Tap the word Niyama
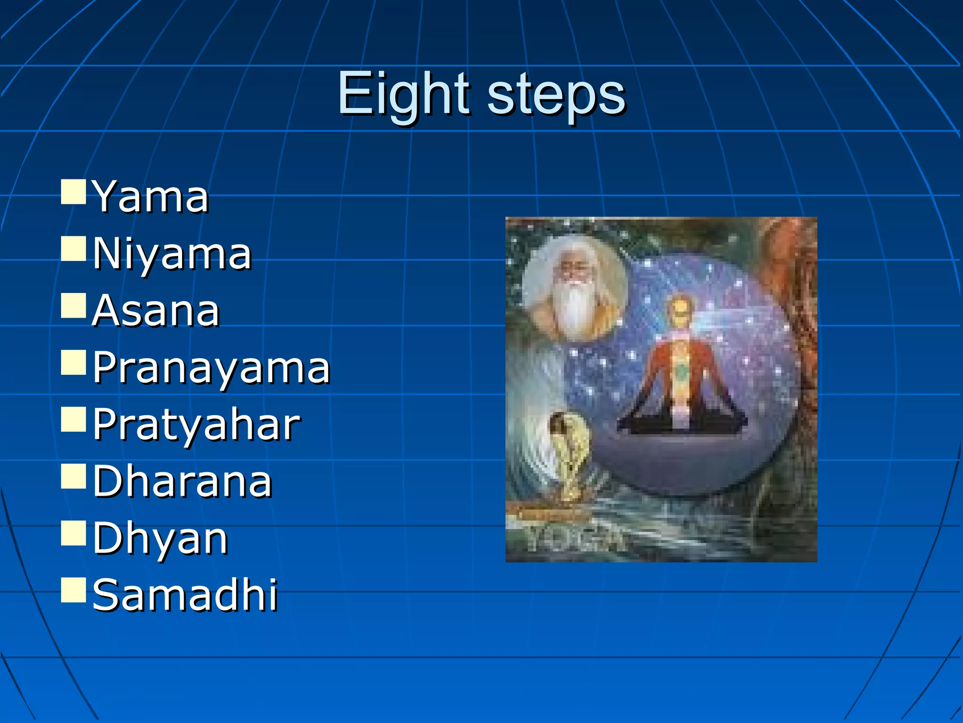pyautogui.click(x=172, y=254)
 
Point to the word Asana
pyautogui.click(x=156, y=311)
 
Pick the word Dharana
pyautogui.click(x=182, y=481)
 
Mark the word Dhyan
pyautogui.click(x=160, y=538)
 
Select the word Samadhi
pyautogui.click(x=185, y=595)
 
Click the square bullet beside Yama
pyautogui.click(x=73, y=191)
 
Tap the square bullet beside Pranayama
pyautogui.click(x=73, y=362)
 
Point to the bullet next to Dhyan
pyautogui.click(x=73, y=533)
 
